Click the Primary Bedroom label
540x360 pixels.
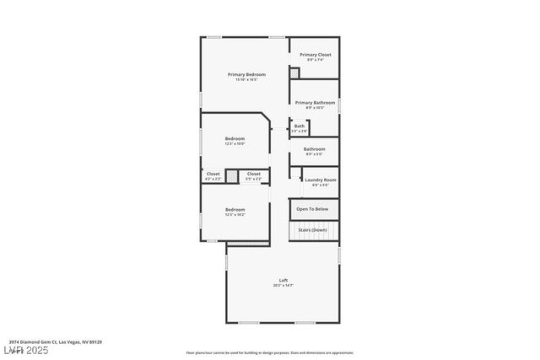241,74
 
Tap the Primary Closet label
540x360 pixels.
315,55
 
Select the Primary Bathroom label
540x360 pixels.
315,102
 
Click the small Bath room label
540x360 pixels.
300,126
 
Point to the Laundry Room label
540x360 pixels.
321,180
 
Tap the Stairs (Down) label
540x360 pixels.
313,229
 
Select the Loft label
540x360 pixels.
283,280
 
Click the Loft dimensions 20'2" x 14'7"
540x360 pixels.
283,286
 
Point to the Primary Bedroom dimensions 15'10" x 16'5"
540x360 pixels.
241,80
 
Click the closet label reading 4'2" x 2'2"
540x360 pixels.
213,179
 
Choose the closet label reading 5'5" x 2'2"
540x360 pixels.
253,179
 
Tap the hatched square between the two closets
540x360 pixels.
232,176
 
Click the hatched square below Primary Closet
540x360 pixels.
294,74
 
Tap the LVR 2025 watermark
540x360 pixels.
25,350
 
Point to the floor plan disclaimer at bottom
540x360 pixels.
269,352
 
